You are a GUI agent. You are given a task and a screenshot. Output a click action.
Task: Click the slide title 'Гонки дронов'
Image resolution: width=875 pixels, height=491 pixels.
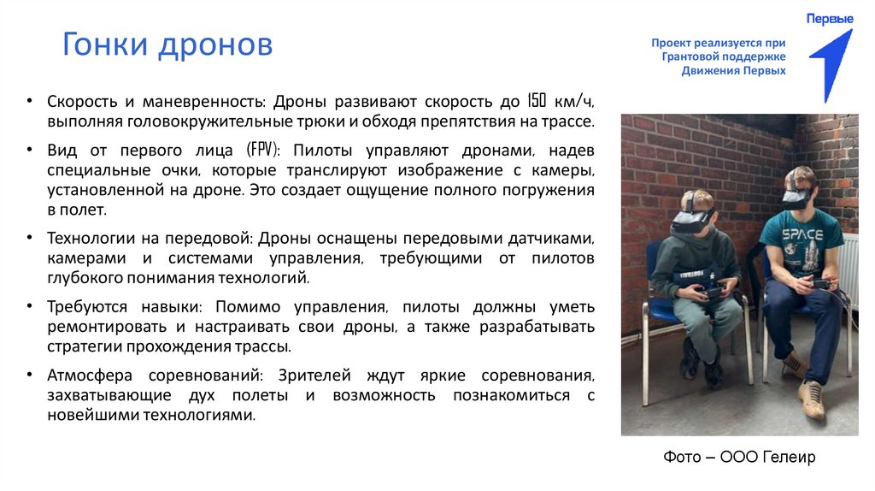tap(167, 44)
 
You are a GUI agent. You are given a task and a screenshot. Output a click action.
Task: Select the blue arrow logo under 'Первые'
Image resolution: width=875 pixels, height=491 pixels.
tap(830, 65)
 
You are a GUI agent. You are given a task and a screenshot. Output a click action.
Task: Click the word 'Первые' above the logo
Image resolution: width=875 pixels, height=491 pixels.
tap(830, 18)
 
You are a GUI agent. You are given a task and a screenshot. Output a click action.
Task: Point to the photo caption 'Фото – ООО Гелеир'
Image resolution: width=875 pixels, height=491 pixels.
tap(739, 458)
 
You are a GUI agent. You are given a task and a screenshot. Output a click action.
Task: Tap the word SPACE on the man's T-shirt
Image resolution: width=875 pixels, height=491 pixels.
tap(803, 234)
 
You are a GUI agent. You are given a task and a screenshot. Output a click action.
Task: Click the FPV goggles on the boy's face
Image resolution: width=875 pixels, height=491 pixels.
tap(691, 216)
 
